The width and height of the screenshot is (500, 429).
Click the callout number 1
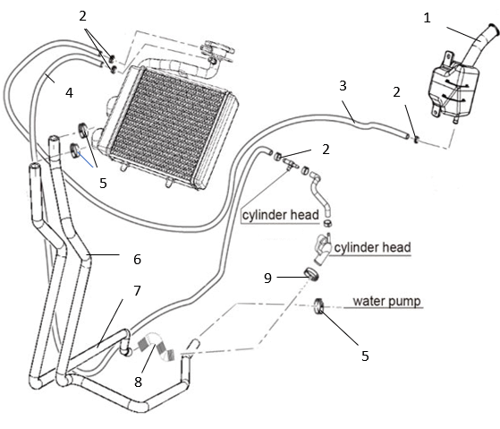pos(427,18)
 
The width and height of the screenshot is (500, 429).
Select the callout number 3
pos(343,86)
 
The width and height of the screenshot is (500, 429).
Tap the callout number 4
pos(69,93)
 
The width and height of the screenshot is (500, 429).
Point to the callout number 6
pos(137,259)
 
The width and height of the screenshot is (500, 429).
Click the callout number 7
pos(137,290)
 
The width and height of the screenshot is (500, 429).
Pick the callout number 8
pos(138,382)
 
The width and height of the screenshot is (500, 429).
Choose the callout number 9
pos(267,278)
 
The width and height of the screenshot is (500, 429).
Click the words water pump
pos(386,301)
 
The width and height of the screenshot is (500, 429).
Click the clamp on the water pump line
pos(319,305)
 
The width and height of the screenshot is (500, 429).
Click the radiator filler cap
pos(217,49)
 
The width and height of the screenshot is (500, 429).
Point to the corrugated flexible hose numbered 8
pos(157,347)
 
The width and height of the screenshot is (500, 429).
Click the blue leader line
pos(86,159)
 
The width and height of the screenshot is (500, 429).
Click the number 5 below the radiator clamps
pos(103,184)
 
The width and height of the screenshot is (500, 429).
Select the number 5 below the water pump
pos(365,356)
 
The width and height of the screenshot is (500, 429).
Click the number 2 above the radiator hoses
pos(82,16)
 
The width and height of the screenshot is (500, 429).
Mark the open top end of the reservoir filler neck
pos(494,29)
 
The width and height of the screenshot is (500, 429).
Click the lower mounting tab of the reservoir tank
pos(436,109)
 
